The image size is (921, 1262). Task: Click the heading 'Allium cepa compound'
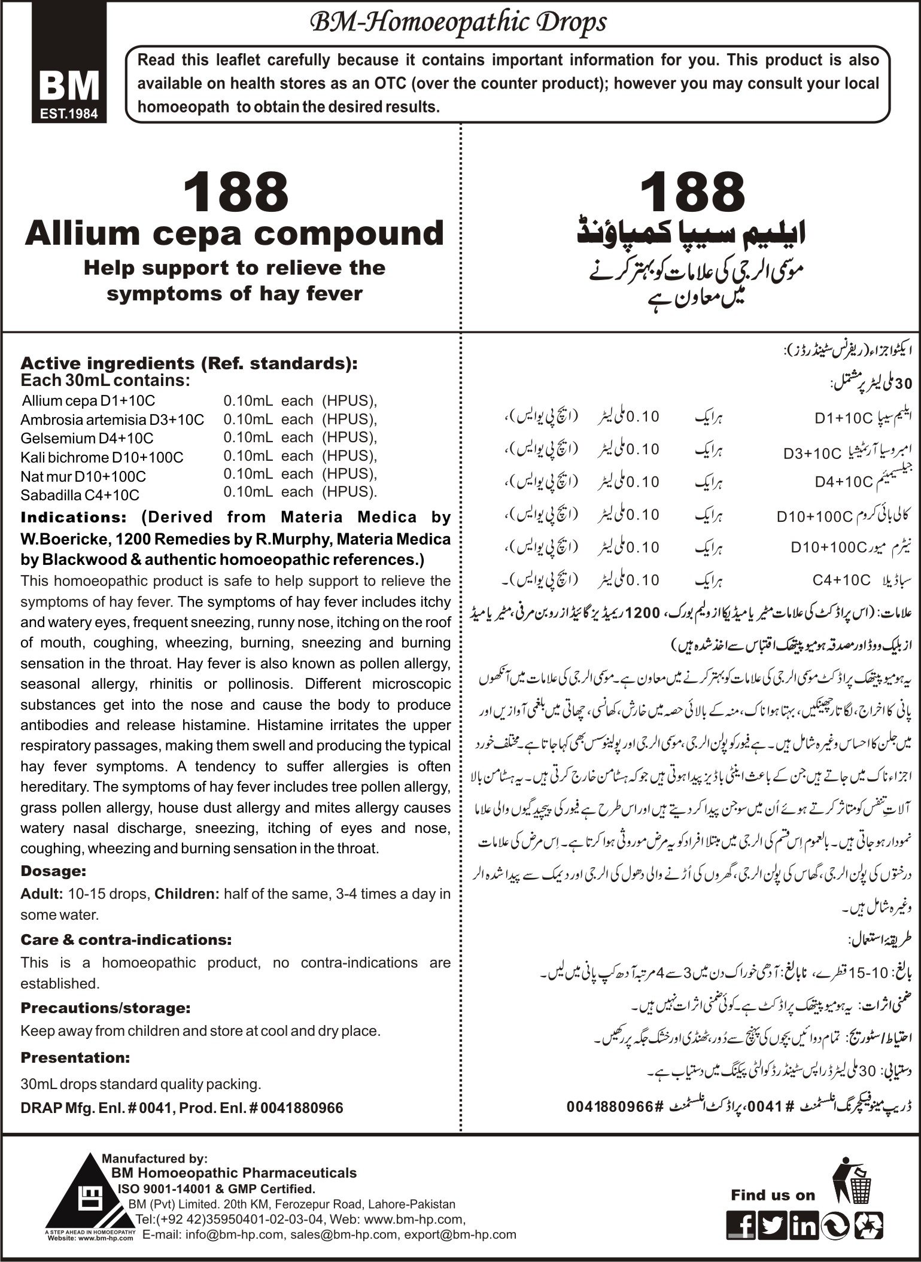tap(235, 233)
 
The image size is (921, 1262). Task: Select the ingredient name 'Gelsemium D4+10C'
tap(87, 438)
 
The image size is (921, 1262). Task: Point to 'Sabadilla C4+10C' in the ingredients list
tap(80, 495)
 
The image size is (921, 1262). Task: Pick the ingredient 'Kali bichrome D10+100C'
tap(102, 457)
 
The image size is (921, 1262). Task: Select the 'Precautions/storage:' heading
tap(105, 1008)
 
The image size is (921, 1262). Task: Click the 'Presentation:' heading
tap(75, 1057)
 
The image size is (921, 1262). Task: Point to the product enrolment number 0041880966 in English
tap(301, 1108)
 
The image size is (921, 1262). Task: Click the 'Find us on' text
tap(773, 1195)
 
